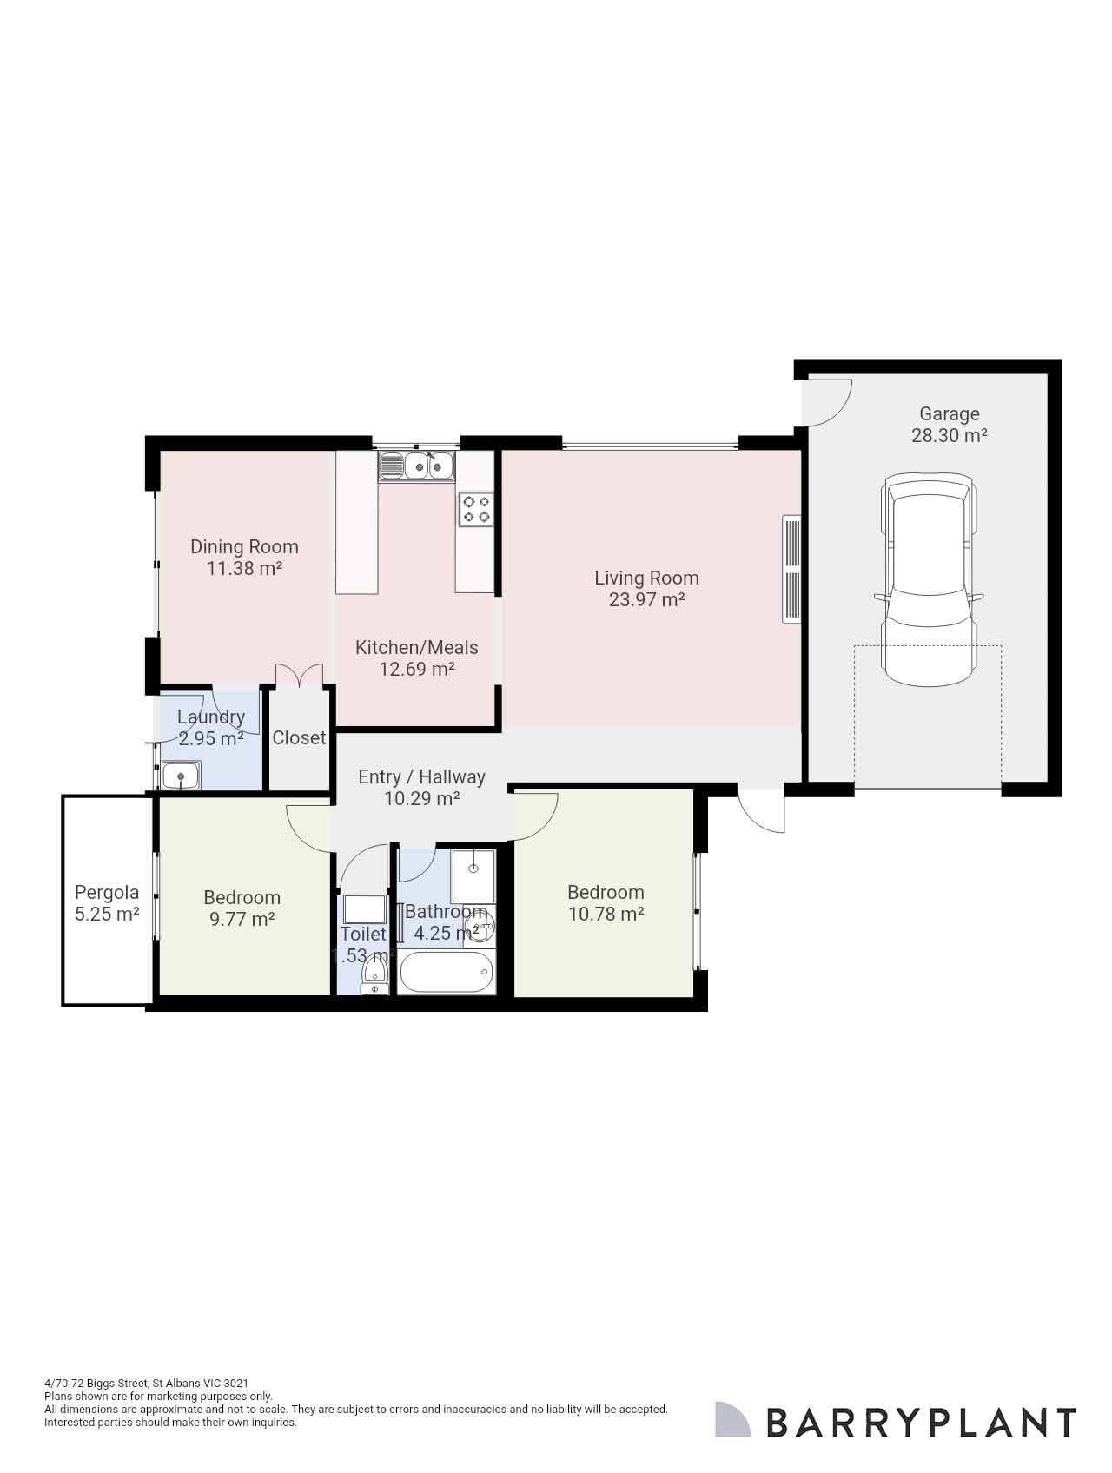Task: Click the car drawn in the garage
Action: pos(928,579)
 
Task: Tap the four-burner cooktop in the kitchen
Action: pos(476,509)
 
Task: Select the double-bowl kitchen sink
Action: pos(416,466)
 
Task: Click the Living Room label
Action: pos(646,578)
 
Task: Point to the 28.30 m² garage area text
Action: pos(949,436)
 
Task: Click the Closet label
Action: pos(299,737)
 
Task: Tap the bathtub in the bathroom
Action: pos(445,973)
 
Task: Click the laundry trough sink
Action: pos(180,776)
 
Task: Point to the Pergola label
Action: pos(107,892)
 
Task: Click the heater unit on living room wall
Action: pos(791,569)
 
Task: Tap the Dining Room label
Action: pos(244,546)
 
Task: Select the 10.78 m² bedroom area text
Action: pos(606,914)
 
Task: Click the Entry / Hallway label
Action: pos(421,776)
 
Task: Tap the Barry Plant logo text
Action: pos(921,1423)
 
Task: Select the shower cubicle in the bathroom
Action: pos(473,875)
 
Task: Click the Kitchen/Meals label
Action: pos(416,647)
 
